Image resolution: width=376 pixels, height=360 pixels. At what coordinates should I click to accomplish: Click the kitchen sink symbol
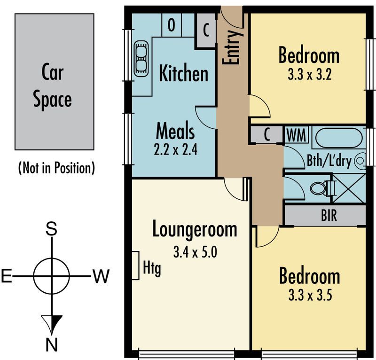coord(141,59)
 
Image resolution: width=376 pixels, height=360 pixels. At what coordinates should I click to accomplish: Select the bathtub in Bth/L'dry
coord(339,138)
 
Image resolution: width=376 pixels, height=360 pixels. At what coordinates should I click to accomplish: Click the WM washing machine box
coord(297,135)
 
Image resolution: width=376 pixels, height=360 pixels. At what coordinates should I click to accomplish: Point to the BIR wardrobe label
coord(329,215)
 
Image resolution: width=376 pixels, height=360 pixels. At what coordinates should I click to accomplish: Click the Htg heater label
coord(152,268)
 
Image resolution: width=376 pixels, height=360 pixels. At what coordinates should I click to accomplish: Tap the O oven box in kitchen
coord(172,25)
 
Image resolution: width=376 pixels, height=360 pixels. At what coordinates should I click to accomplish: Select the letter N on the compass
coord(52,345)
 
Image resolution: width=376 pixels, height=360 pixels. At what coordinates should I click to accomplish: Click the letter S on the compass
coord(51,228)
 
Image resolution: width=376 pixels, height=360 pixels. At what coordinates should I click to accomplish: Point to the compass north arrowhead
coord(52,324)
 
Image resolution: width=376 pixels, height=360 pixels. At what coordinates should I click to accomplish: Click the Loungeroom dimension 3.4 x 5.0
coord(195,252)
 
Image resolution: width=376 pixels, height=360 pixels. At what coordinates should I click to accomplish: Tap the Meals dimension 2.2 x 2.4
coord(175,149)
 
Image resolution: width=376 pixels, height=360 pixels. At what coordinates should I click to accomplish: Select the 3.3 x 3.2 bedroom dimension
coord(310,74)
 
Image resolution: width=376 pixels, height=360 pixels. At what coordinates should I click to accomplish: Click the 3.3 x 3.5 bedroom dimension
coord(310,295)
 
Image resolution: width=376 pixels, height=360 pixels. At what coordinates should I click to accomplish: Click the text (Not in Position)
coord(56,168)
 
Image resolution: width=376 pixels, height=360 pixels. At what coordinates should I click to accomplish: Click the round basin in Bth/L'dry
coord(360,161)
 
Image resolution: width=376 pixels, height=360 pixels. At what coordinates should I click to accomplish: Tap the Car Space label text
coord(53,86)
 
